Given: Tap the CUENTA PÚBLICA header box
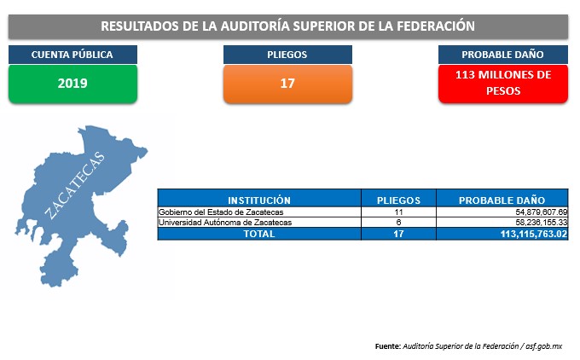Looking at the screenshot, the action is (x=72, y=55).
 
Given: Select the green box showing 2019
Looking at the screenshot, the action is (x=72, y=84).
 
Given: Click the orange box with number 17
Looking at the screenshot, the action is (x=287, y=84).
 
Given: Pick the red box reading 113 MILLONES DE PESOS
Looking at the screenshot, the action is (x=503, y=84).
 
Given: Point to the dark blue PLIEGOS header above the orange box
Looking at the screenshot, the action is (x=287, y=55).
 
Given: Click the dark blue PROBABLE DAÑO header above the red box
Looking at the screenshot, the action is (x=503, y=55).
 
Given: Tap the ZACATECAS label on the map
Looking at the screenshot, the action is (x=75, y=185).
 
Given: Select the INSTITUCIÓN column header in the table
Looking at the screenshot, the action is (x=259, y=200).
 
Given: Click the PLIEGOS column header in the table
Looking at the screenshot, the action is (x=398, y=200).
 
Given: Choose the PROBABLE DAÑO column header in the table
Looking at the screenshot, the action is (x=502, y=200).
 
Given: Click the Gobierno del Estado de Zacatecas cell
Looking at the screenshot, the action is (x=221, y=212).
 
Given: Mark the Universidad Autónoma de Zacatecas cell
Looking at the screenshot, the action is (x=225, y=223).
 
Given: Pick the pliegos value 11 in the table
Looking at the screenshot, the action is (x=398, y=212).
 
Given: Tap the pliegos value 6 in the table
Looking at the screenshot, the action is (x=398, y=223).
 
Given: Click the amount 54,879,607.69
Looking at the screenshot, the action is (x=541, y=212).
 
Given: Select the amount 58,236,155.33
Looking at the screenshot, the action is (x=541, y=223).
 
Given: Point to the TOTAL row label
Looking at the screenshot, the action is (x=259, y=234).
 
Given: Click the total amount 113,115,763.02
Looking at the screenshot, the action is (x=534, y=234).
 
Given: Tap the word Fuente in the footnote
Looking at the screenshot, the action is (x=387, y=346).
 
